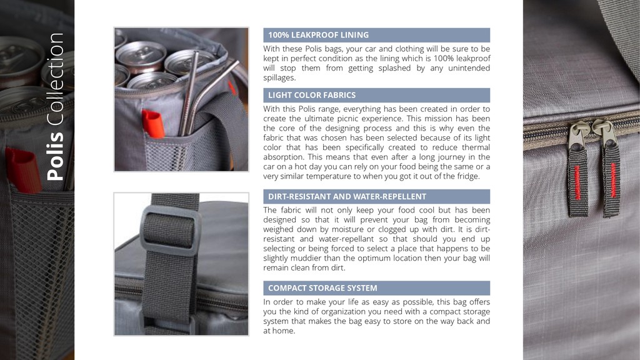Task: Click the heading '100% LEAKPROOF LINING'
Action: point(318,35)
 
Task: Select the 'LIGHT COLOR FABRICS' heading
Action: point(312,95)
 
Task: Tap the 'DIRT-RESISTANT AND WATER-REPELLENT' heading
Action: point(347,196)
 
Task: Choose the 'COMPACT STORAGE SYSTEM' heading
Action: point(322,288)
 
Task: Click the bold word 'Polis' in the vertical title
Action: point(56,156)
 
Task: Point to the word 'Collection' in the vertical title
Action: point(56,80)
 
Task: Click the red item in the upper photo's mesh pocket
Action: point(152,124)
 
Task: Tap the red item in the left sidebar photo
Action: point(23,171)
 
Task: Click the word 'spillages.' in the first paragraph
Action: point(279,78)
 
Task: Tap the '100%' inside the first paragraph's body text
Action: point(443,58)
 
